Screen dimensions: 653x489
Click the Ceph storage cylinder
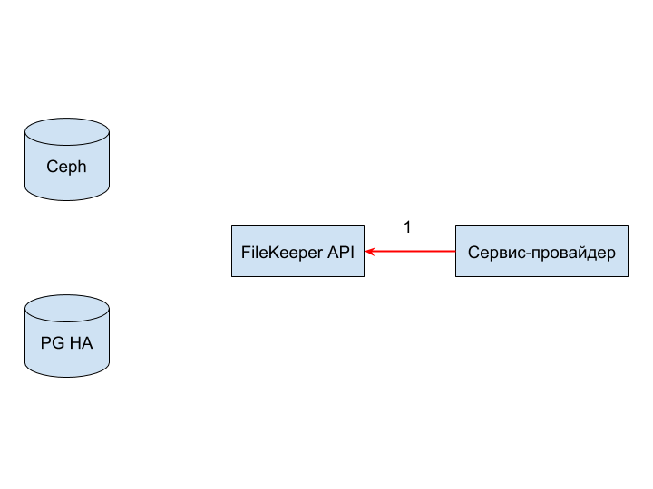tap(67, 159)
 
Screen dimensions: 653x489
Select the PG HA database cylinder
tap(67, 336)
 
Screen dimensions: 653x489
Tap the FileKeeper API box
tap(297, 251)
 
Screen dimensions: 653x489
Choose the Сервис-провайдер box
tap(541, 251)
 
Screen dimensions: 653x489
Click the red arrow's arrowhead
tap(369, 251)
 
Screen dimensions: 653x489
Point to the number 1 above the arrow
tap(408, 227)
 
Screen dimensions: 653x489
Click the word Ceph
tap(66, 167)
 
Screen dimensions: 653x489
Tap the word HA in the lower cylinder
tap(82, 343)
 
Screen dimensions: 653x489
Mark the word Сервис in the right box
tap(493, 253)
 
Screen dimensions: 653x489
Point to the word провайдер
tap(570, 254)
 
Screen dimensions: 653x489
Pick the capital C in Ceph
tap(53, 167)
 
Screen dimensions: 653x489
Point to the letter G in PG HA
tap(58, 343)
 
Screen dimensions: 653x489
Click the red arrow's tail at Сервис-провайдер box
tap(455, 251)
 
